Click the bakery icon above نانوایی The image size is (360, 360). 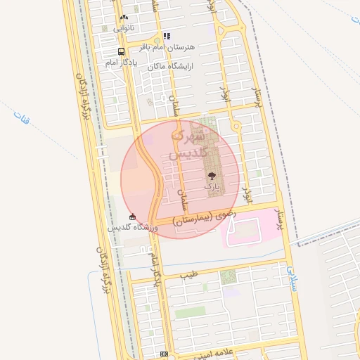(x=124, y=18)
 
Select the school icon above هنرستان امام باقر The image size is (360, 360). (x=167, y=36)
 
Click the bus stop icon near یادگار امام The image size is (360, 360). (x=122, y=52)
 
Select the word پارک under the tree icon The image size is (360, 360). (x=212, y=188)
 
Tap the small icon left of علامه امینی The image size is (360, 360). (x=164, y=354)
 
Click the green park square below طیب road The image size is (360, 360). (x=229, y=276)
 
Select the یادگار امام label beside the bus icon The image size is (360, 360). (x=121, y=63)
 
